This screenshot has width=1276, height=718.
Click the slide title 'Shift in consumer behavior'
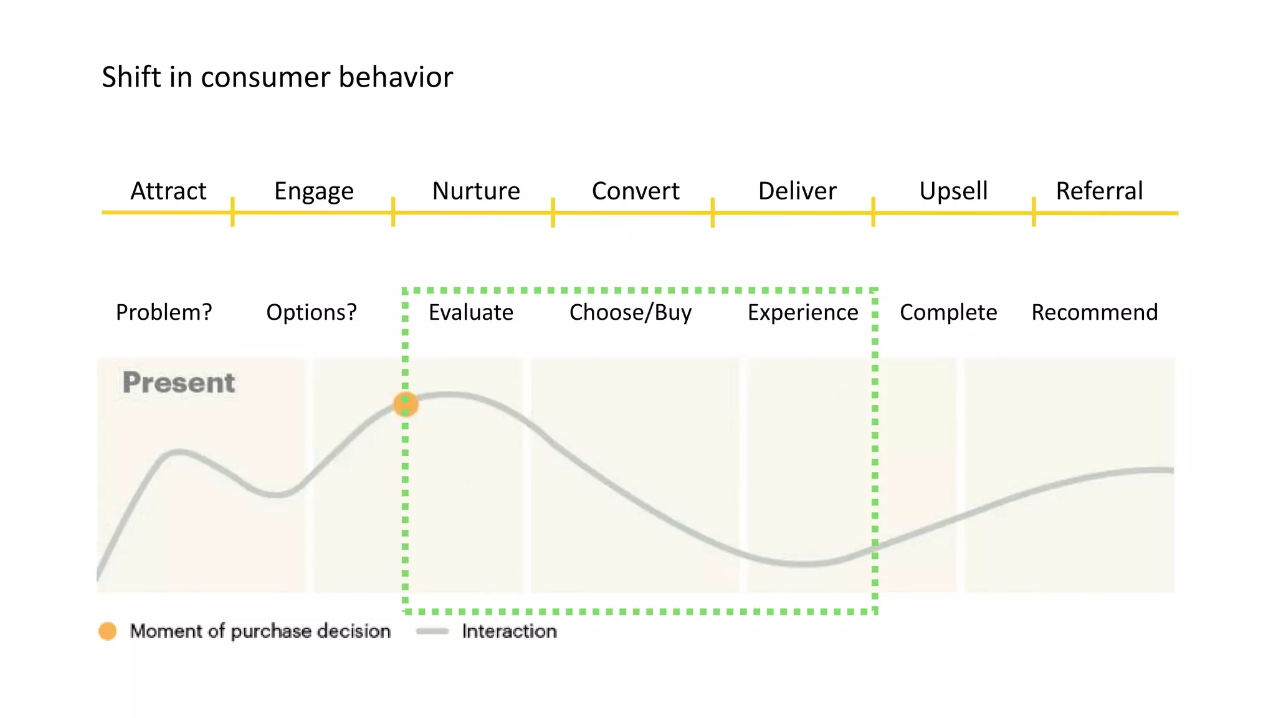[x=277, y=77]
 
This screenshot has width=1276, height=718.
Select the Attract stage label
[x=168, y=191]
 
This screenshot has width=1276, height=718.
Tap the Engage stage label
[x=314, y=191]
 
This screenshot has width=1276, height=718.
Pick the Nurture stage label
[x=476, y=191]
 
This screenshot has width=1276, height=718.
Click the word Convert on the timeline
[x=636, y=191]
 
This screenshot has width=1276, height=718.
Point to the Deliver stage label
[x=797, y=191]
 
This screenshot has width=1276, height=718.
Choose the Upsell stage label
[x=953, y=191]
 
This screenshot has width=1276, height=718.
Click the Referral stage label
[x=1099, y=191]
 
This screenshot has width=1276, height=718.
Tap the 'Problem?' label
[x=164, y=312]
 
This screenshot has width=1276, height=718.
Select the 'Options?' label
[x=312, y=312]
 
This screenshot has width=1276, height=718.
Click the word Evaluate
[x=471, y=312]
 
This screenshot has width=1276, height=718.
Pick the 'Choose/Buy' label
[x=631, y=312]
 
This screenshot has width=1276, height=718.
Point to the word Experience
[x=802, y=312]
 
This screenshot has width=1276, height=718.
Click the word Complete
[x=948, y=312]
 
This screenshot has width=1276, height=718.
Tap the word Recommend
[x=1095, y=312]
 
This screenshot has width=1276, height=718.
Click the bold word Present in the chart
[x=179, y=383]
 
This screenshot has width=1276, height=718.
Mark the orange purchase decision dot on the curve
[x=406, y=404]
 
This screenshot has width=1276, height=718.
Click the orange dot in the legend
[x=108, y=631]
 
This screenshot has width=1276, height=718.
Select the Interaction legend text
[x=509, y=631]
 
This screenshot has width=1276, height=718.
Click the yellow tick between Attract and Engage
[x=232, y=212]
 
